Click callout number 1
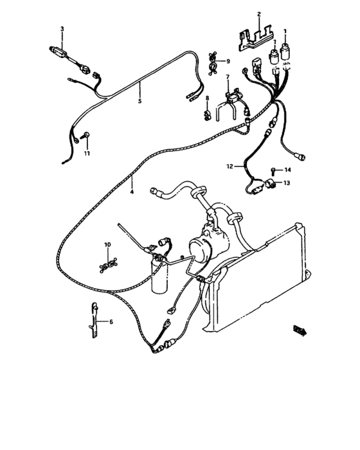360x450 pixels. click(x=285, y=31)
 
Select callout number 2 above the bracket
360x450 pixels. click(x=258, y=14)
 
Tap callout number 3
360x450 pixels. click(x=62, y=29)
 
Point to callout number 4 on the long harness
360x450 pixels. click(x=131, y=192)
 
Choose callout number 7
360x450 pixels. click(x=227, y=77)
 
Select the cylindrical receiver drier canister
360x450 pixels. click(x=161, y=274)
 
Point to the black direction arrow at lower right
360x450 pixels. click(x=299, y=330)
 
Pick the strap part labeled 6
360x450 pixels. click(x=92, y=321)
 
